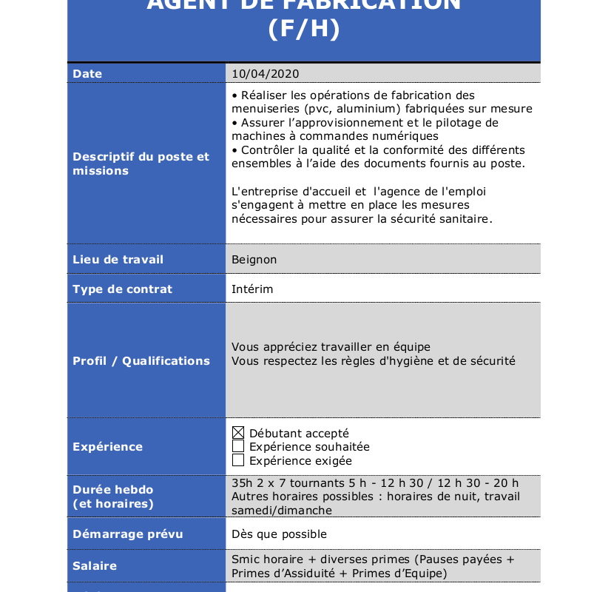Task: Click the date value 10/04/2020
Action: pyautogui.click(x=266, y=74)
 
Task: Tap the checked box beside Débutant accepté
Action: pyautogui.click(x=238, y=433)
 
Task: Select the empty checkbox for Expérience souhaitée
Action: pyautogui.click(x=238, y=446)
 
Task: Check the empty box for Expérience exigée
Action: pyautogui.click(x=238, y=460)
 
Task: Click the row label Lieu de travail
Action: pyautogui.click(x=118, y=260)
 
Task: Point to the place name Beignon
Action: pyautogui.click(x=254, y=260)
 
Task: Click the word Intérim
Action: pyautogui.click(x=252, y=289)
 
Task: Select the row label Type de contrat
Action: pyautogui.click(x=122, y=289)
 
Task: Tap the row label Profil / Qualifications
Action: pyautogui.click(x=141, y=361)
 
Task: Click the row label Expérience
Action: pyautogui.click(x=107, y=447)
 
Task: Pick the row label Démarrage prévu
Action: pyautogui.click(x=127, y=534)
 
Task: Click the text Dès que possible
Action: pyautogui.click(x=279, y=534)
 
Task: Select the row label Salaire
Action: pyautogui.click(x=95, y=566)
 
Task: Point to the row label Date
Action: pyautogui.click(x=87, y=74)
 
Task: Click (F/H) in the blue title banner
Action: pyautogui.click(x=303, y=29)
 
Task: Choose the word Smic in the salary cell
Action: pyautogui.click(x=246, y=559)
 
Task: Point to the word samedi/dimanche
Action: pyautogui.click(x=282, y=511)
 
